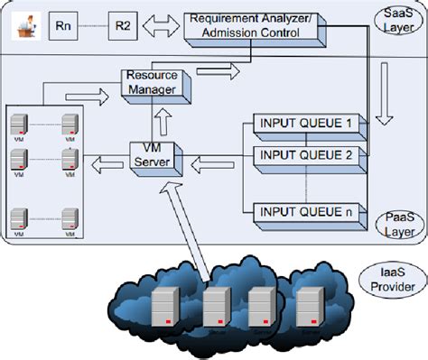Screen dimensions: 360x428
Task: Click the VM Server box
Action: coord(152,160)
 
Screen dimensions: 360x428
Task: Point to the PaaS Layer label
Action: coord(394,226)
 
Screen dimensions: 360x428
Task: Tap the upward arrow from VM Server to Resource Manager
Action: coord(163,117)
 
